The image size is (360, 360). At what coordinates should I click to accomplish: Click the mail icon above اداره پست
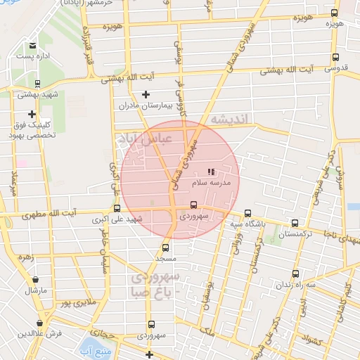pyautogui.click(x=33, y=46)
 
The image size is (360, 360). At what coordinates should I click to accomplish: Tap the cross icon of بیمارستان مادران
pyautogui.click(x=146, y=94)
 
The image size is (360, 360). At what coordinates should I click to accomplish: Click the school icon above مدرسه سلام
pyautogui.click(x=210, y=172)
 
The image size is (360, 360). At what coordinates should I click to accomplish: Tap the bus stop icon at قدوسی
pyautogui.click(x=335, y=58)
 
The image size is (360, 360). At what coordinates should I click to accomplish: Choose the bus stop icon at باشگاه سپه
pyautogui.click(x=247, y=214)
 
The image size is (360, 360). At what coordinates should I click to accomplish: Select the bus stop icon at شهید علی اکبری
pyautogui.click(x=117, y=208)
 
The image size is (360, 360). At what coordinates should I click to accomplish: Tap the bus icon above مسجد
pyautogui.click(x=165, y=247)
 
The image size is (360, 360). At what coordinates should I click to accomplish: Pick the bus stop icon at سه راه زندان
pyautogui.click(x=295, y=274)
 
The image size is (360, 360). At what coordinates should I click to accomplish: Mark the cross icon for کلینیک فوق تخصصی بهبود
pyautogui.click(x=32, y=114)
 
